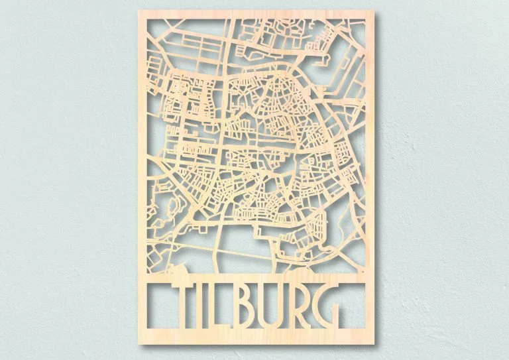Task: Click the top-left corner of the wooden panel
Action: pos(137,12)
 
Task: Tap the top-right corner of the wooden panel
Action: pos(374,12)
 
